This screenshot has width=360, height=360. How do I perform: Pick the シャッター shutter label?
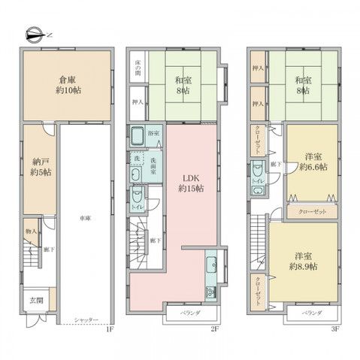[86, 319]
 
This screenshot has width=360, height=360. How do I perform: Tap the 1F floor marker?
[109, 328]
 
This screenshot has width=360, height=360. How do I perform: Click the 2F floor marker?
[214, 328]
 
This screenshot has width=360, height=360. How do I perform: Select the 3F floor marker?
[335, 328]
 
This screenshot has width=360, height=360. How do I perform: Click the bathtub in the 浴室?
[140, 138]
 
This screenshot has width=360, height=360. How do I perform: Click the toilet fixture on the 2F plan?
[136, 197]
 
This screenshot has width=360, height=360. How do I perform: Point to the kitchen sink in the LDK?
[211, 263]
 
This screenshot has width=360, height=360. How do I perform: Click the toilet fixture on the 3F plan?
[259, 169]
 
